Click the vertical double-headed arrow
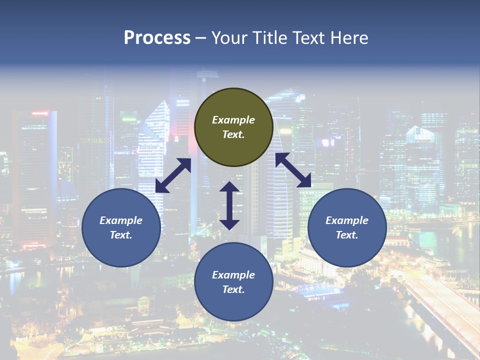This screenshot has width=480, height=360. [229, 205]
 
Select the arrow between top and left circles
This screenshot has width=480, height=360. [173, 175]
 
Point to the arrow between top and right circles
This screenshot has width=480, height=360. [293, 170]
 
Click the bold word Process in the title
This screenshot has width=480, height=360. [157, 38]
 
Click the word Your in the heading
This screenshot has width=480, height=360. [229, 38]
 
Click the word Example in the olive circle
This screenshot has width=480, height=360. [233, 120]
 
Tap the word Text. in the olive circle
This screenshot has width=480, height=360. [233, 134]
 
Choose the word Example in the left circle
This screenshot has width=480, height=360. [121, 220]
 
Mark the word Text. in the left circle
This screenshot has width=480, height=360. [121, 235]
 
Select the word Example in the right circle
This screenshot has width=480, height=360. [347, 220]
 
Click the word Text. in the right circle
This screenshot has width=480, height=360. [347, 235]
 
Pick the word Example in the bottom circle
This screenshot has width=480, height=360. [233, 275]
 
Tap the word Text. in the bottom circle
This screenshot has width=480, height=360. [233, 289]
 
